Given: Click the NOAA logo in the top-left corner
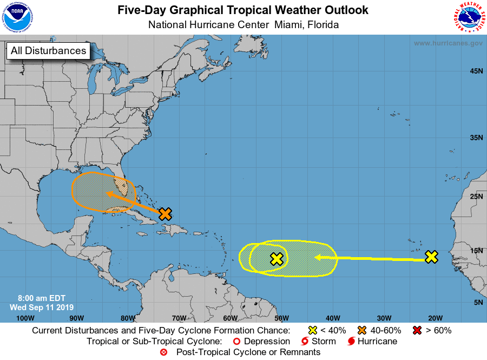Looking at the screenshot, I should click(17, 17).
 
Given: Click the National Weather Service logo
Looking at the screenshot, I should click(468, 17).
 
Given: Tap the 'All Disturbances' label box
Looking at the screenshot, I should click(48, 51).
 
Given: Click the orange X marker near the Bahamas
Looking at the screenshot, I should click(166, 213).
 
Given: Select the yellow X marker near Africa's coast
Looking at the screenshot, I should click(431, 257).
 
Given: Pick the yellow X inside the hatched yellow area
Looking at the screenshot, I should click(277, 259).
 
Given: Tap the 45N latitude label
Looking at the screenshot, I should click(476, 71).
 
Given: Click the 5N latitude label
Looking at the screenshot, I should click(478, 302).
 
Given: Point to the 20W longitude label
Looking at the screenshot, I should click(435, 318).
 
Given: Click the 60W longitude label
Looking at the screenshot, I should click(230, 318).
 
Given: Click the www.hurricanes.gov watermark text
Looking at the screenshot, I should click(448, 43).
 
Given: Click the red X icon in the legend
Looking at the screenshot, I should click(417, 330).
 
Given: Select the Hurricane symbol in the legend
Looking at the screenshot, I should click(352, 342).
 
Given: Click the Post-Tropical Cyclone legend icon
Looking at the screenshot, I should click(164, 352).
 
